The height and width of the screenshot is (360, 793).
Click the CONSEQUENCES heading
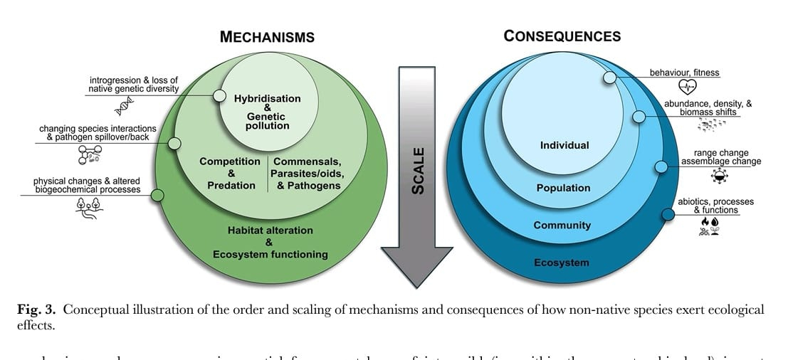pyautogui.click(x=562, y=36)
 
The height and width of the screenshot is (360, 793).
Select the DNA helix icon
pyautogui.click(x=126, y=107)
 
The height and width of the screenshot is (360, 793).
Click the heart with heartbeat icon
pyautogui.click(x=687, y=88)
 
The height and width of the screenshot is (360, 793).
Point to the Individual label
pyautogui.click(x=564, y=145)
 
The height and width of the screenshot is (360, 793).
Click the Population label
pyautogui.click(x=563, y=188)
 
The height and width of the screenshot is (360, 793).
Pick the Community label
pyautogui.click(x=562, y=225)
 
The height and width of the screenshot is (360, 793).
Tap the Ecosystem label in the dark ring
pyautogui.click(x=562, y=263)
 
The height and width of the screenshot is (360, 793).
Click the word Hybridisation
pyautogui.click(x=267, y=99)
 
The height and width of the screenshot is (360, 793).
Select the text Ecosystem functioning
pyautogui.click(x=270, y=254)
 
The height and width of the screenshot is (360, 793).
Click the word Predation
pyautogui.click(x=231, y=185)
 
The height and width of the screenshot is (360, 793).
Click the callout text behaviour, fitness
pyautogui.click(x=684, y=73)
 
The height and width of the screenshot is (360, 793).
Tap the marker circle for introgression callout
pyautogui.click(x=219, y=95)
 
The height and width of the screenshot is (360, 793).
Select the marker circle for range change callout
pyautogui.click(x=661, y=166)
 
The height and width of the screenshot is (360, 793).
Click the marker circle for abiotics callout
pyautogui.click(x=668, y=213)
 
